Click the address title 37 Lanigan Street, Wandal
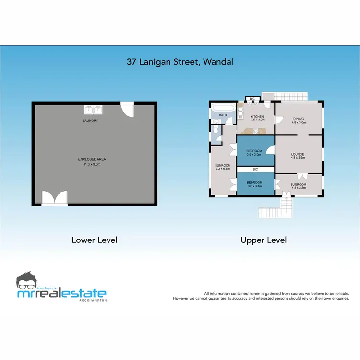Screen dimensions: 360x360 tap(180, 61)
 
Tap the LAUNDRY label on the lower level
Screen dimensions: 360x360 tap(90, 120)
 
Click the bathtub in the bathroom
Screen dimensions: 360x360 tap(223, 108)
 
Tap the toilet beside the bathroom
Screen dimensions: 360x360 tap(216, 130)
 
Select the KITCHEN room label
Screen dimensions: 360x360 tap(257, 117)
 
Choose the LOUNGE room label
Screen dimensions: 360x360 tap(298, 154)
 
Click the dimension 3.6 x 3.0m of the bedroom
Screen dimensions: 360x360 tap(254, 155)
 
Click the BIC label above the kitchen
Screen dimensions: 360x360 tap(252, 99)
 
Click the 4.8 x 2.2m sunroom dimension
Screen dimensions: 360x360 tap(298, 187)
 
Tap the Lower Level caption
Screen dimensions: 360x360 tap(94, 240)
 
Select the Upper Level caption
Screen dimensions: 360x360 tap(264, 240)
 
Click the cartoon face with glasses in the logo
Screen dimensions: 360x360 tap(28, 281)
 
